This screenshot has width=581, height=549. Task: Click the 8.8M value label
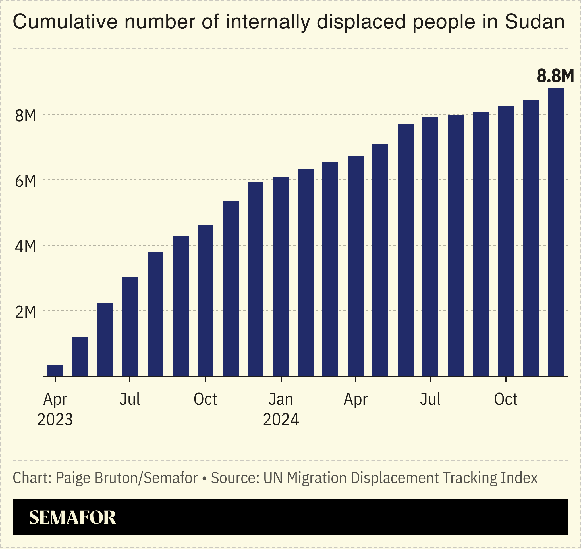555,76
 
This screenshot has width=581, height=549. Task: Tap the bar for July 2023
130,326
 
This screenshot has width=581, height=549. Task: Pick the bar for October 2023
206,300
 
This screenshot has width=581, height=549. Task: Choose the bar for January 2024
281,276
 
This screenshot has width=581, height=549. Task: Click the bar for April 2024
355,266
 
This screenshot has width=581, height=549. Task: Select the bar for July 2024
430,246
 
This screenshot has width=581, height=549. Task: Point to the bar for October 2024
506,241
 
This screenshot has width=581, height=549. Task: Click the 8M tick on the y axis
26,116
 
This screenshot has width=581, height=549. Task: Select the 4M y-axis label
26,246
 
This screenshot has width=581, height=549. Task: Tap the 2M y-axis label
26,312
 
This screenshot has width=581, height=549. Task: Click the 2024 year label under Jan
281,420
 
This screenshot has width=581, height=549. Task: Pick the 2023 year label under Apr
55,420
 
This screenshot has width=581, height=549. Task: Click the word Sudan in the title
534,22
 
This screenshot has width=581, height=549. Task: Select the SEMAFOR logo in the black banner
72,517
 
